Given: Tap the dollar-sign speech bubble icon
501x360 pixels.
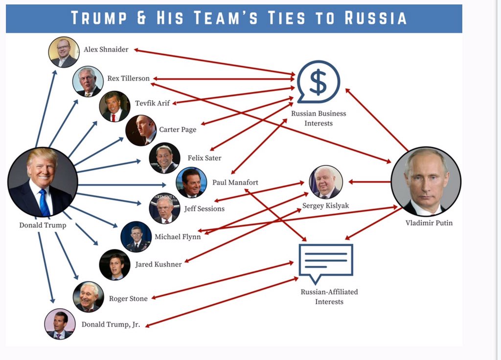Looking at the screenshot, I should click(x=318, y=83).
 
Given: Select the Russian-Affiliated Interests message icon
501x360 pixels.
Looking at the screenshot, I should click(x=325, y=262).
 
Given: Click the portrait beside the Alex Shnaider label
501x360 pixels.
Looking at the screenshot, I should click(x=64, y=52).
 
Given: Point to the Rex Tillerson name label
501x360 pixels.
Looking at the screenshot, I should click(x=128, y=79).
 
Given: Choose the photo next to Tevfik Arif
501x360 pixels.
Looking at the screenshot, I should click(x=114, y=106).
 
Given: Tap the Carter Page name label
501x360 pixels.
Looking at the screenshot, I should click(x=178, y=130).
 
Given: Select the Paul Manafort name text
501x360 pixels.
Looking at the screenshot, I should click(x=235, y=182).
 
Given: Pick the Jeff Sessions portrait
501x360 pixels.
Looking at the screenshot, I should click(x=164, y=208).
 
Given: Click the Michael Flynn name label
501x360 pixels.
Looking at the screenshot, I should click(x=178, y=237).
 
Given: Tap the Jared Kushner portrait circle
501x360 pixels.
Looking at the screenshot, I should click(x=114, y=265).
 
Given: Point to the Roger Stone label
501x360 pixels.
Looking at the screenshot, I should click(x=128, y=298).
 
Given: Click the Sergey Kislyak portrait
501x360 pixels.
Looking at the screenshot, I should click(x=326, y=182).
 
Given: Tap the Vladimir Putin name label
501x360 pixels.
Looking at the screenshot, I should click(x=429, y=223).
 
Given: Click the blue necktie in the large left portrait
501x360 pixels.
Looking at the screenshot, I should click(x=44, y=202).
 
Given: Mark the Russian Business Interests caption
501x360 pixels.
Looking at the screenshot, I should click(x=319, y=118).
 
